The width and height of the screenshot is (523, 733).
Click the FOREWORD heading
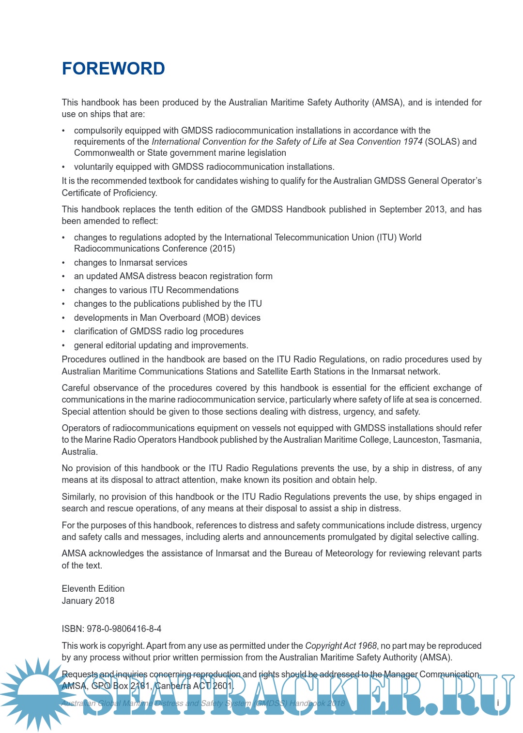[113, 69]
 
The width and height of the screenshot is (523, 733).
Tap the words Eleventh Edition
[93, 588]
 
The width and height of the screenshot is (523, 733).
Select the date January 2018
[88, 600]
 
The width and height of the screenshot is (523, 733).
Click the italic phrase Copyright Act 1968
[341, 645]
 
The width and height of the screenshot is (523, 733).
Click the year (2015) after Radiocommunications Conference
[222, 248]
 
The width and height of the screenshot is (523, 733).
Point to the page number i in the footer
[497, 703]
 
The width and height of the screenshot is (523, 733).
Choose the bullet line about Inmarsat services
[130, 262]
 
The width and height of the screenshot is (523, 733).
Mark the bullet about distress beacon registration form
[173, 276]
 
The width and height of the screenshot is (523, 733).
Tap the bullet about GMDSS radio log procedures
[158, 331]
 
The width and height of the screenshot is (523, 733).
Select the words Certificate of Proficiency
[109, 193]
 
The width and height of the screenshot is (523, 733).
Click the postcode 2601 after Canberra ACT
[223, 686]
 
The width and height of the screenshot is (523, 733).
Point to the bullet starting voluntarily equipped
[204, 166]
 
